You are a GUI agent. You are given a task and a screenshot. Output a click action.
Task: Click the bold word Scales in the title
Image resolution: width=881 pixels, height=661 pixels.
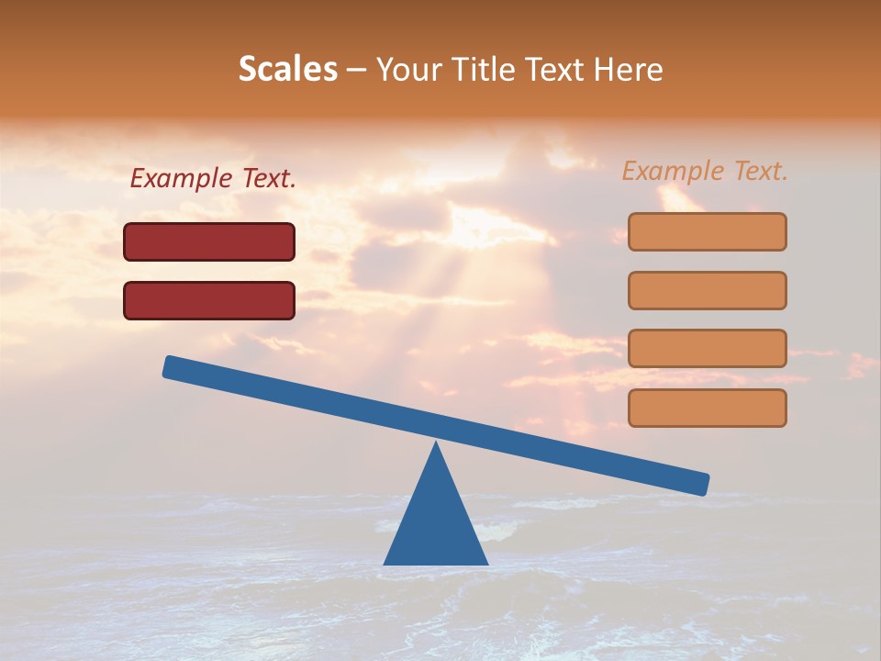[x=288, y=69]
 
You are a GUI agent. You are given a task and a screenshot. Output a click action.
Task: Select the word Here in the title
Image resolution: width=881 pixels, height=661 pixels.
[x=629, y=69]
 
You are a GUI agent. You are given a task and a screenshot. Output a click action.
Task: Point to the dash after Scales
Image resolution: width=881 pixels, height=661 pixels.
[x=357, y=70]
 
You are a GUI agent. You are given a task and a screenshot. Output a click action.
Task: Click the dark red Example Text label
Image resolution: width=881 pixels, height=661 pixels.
[x=213, y=179]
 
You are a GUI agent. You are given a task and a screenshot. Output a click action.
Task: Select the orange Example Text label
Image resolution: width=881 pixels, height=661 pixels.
[x=705, y=171]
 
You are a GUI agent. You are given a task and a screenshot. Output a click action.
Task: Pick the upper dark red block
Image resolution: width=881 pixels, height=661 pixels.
[x=209, y=241]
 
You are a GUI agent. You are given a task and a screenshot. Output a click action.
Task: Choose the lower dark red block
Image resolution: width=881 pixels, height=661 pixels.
[x=209, y=300]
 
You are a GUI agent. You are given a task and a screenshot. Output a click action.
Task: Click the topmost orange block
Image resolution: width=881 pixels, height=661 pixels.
[x=707, y=231]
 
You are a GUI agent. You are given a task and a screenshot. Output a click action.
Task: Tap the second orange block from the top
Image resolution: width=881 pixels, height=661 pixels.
[x=707, y=290]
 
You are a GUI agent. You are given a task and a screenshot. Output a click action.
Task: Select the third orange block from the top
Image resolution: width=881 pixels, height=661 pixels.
[x=707, y=349]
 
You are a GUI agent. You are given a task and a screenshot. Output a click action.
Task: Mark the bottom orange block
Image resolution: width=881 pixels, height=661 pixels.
[x=707, y=408]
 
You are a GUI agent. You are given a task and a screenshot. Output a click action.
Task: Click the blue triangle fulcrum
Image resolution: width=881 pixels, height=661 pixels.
[x=436, y=523]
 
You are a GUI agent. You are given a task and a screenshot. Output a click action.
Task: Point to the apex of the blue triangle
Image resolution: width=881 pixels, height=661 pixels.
[x=436, y=445]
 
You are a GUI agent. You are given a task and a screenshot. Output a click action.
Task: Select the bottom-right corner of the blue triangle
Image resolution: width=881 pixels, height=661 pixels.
[x=485, y=563]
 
